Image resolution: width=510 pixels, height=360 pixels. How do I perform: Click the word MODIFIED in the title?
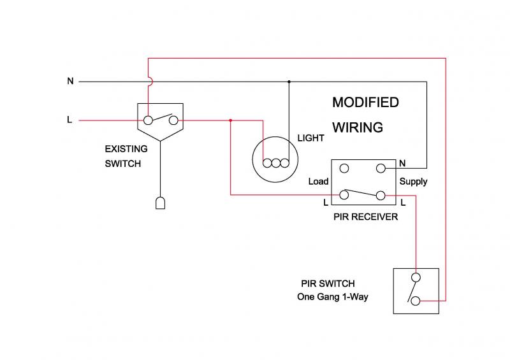[x=365, y=103]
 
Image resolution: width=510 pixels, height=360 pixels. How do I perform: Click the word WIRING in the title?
[x=357, y=127]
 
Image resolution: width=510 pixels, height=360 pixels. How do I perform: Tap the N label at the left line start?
[x=70, y=81]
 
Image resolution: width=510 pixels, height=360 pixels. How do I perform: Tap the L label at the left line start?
[x=69, y=119]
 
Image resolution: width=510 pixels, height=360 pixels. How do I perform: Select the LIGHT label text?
[x=310, y=138]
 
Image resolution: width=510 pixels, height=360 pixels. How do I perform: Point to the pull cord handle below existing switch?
[x=161, y=203]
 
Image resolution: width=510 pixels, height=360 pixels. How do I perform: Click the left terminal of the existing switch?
[x=148, y=119]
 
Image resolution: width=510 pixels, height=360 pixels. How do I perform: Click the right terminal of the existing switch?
[x=173, y=119]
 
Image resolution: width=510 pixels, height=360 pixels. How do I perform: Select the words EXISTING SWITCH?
[x=126, y=156]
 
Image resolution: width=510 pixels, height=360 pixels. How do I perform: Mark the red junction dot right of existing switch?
[x=230, y=119]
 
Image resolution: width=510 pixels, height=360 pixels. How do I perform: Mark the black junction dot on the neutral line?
[x=289, y=82]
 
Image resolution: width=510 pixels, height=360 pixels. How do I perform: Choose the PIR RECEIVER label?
[x=365, y=217]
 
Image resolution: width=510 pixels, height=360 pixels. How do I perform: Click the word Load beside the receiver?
[x=318, y=182]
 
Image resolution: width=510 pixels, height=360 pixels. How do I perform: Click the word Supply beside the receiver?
[x=413, y=182]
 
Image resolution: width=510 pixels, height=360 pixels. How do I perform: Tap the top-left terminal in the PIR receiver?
[x=344, y=169]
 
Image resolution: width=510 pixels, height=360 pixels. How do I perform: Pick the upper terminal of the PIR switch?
[x=416, y=277]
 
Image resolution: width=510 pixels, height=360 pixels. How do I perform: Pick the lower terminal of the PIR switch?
[x=416, y=300]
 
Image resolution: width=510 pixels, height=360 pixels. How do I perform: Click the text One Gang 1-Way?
[x=333, y=296]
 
